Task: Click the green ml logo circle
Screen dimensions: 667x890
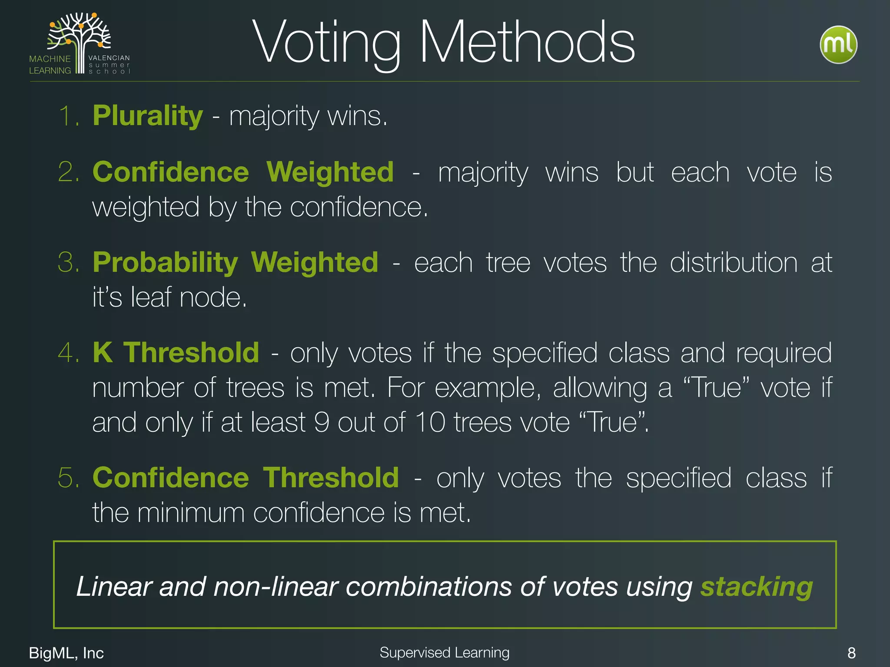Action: pyautogui.click(x=838, y=45)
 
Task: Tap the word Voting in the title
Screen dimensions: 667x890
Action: pyautogui.click(x=326, y=43)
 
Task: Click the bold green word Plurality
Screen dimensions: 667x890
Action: pyautogui.click(x=148, y=116)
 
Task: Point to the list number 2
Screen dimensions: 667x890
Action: pyautogui.click(x=68, y=172)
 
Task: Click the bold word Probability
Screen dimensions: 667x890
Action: pyautogui.click(x=165, y=263)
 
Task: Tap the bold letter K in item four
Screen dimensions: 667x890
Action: pyautogui.click(x=103, y=352)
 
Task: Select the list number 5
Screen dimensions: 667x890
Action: pyautogui.click(x=68, y=478)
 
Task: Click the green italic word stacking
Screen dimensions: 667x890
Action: pyautogui.click(x=756, y=587)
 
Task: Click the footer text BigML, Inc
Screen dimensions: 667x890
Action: pyautogui.click(x=66, y=653)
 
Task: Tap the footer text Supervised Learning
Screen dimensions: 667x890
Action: pyautogui.click(x=444, y=652)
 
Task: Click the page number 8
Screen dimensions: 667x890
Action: pyautogui.click(x=851, y=653)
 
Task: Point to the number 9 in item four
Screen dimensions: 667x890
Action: pyautogui.click(x=322, y=422)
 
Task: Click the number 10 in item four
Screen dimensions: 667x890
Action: pyautogui.click(x=430, y=422)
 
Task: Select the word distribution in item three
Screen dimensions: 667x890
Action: pyautogui.click(x=734, y=263)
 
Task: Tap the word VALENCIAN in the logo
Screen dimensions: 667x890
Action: pyautogui.click(x=109, y=58)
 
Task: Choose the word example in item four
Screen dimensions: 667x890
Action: pyautogui.click(x=488, y=388)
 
